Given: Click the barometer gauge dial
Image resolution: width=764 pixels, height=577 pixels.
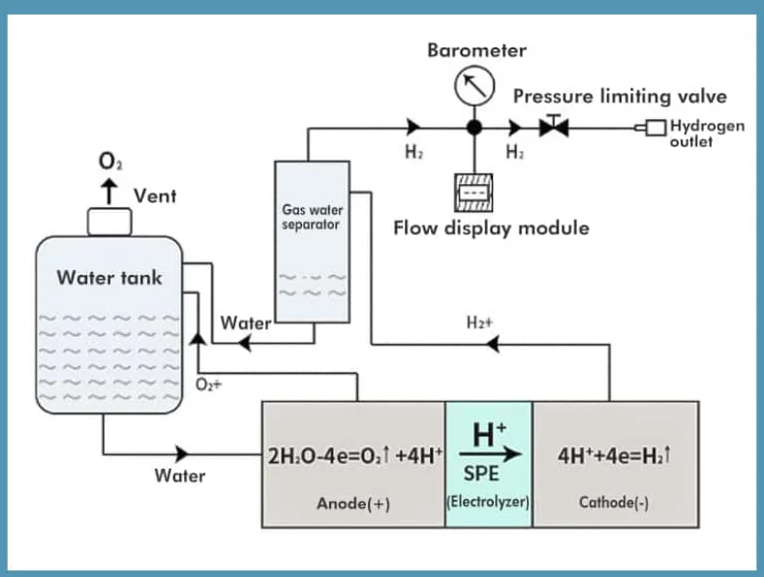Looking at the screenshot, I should click(474, 88).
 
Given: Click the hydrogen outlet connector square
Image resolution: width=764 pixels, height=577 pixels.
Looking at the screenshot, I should click(656, 127).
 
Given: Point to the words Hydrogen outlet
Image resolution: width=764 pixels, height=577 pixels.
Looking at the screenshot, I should click(707, 134).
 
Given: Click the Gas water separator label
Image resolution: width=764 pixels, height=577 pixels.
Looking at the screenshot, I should click(312, 216).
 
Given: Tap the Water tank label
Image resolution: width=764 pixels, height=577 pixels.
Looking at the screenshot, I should click(109, 278).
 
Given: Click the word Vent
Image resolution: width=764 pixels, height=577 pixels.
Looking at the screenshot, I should click(155, 196).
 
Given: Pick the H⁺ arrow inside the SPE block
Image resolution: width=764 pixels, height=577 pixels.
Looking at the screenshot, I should click(488, 452).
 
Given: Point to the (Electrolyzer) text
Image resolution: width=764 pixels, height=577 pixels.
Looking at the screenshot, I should click(488, 501).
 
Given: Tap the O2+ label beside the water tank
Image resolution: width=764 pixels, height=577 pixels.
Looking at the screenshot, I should click(210, 384).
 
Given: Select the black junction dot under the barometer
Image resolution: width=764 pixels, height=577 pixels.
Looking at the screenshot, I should click(474, 127).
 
